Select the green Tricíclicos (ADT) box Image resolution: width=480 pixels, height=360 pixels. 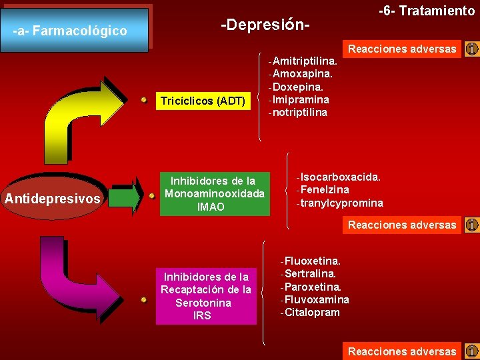tap(203, 101)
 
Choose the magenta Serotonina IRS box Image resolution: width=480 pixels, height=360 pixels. tap(206, 296)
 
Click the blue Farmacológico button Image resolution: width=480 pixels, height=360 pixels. tap(75, 31)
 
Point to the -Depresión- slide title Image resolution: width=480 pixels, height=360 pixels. tap(266, 25)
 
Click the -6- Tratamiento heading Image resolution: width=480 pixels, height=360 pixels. tap(427, 11)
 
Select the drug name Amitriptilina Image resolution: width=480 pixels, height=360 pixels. tap(305, 61)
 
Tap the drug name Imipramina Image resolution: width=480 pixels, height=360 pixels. tap(301, 99)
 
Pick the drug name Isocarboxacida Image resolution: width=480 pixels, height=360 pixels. tap(341, 177)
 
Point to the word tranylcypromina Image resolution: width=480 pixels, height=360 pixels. tap(341, 203)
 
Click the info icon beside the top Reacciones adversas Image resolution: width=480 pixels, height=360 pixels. tap(472, 49)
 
